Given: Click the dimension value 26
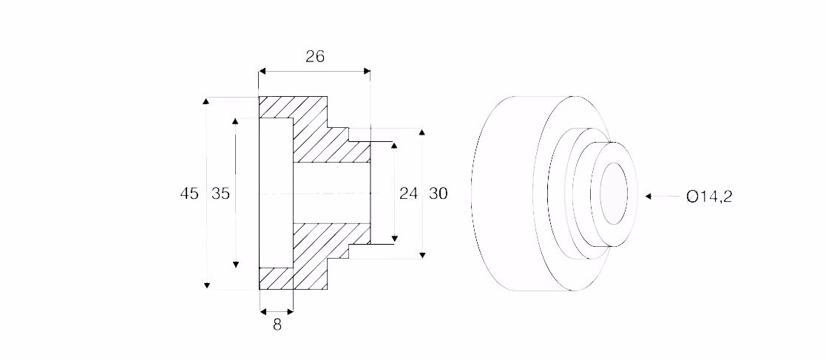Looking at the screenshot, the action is [x=315, y=56].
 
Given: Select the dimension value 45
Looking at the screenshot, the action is [x=189, y=194].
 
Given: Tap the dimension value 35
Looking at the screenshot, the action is [x=220, y=194].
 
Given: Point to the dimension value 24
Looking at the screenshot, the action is [x=408, y=194].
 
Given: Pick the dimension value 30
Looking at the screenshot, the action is [x=439, y=194].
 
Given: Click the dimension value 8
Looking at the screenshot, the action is [x=277, y=325].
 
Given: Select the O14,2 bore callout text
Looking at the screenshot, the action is [x=709, y=197].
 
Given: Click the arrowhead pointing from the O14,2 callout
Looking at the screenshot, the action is [x=649, y=197].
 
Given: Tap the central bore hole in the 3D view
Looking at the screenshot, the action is [x=614, y=193].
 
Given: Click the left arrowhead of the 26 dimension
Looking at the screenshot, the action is [x=262, y=71].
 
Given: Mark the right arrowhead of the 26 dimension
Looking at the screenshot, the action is [x=367, y=71].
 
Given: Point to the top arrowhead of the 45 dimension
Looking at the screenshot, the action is [x=207, y=101].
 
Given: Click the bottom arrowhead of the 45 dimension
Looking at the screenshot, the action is [x=207, y=285].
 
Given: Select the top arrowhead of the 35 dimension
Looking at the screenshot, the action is [x=235, y=121].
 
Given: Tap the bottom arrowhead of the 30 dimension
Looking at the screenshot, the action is [x=422, y=255].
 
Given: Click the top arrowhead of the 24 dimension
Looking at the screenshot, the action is [x=394, y=146].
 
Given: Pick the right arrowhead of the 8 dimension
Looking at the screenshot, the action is [x=290, y=312].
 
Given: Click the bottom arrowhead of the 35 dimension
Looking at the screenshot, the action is [x=235, y=264].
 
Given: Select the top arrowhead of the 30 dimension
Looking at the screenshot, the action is [x=422, y=131].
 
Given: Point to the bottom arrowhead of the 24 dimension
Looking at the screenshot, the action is [x=394, y=240].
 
